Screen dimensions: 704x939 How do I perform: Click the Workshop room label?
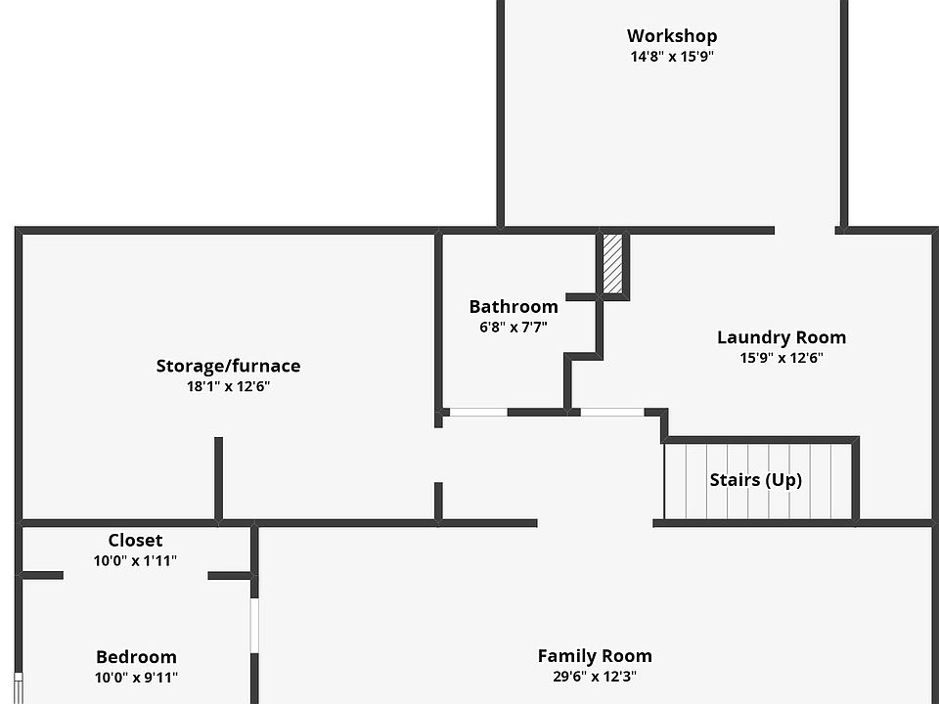[672, 36]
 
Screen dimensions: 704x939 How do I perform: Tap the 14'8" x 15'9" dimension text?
[672, 57]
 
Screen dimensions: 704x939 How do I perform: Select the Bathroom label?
[514, 306]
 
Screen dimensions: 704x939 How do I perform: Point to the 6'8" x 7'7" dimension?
[514, 328]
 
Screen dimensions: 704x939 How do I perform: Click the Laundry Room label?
[782, 337]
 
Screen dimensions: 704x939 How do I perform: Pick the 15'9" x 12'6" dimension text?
[782, 358]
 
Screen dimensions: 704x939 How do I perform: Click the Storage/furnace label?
[228, 366]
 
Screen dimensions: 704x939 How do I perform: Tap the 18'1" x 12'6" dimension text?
[228, 386]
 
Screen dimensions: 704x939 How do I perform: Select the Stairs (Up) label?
[755, 480]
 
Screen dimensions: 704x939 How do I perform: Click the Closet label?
[135, 540]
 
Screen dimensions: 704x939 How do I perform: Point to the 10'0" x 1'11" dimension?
[135, 561]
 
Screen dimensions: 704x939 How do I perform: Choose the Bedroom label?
[136, 657]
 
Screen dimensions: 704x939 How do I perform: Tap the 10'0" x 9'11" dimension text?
[136, 678]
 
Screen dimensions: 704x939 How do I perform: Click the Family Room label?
[595, 655]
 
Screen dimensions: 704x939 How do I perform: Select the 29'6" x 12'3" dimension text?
[595, 676]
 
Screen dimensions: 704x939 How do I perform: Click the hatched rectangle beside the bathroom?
[612, 262]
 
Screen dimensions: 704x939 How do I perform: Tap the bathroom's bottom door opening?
[478, 413]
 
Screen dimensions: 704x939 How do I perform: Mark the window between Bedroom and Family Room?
[254, 626]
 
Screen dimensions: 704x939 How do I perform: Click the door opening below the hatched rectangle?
[612, 413]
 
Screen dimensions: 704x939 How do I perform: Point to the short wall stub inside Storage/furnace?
[218, 478]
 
